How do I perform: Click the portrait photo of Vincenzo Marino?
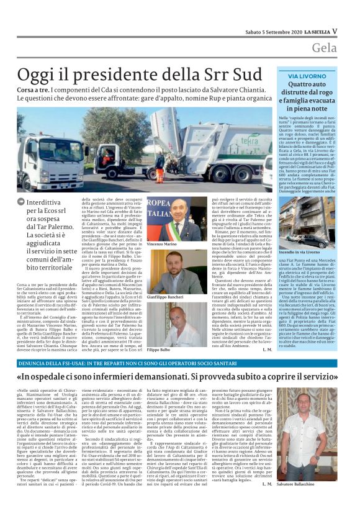pyautogui.click(x=164, y=220)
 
